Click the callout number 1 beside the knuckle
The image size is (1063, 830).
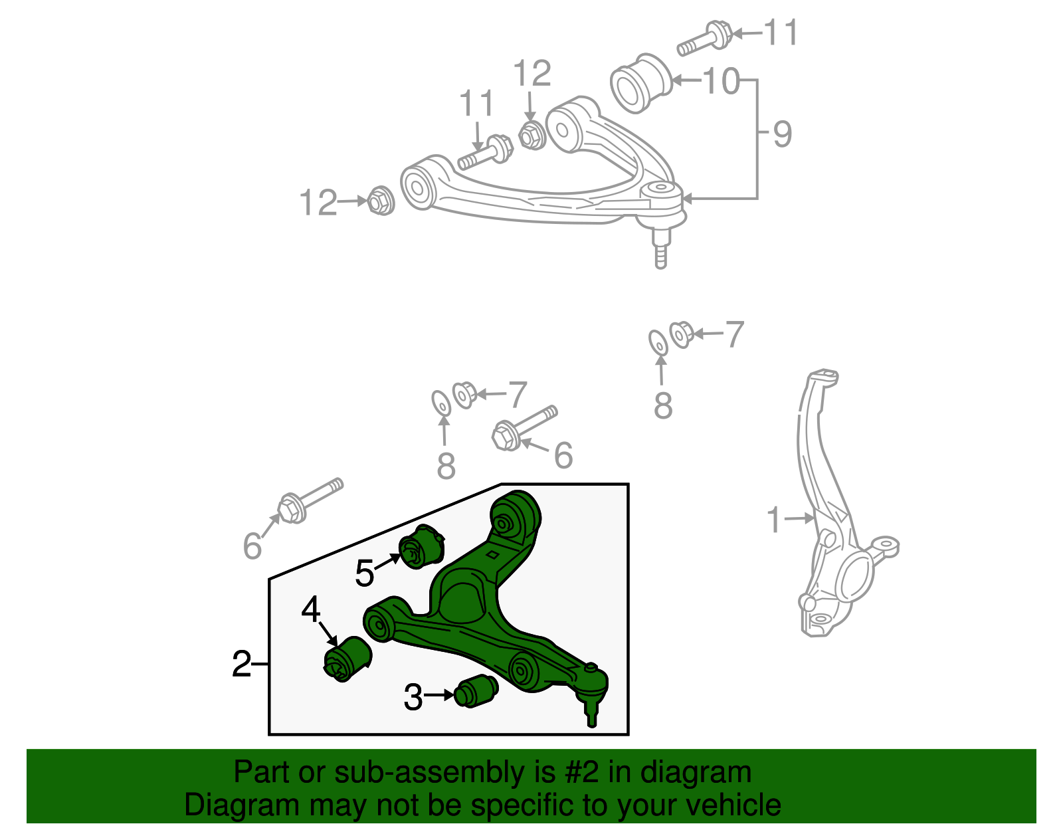coord(773,520)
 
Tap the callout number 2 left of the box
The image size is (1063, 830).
coord(242,664)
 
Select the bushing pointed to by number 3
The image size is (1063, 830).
coord(475,692)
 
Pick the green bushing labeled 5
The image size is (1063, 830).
coord(420,546)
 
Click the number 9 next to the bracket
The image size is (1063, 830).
coord(783,134)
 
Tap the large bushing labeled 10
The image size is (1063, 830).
coord(640,84)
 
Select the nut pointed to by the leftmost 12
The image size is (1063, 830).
coord(381,201)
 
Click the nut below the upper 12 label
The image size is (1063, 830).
coord(531,136)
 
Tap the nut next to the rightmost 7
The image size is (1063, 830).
coord(682,334)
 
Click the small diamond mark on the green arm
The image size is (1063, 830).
coord(493,555)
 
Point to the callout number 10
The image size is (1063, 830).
coord(721,81)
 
